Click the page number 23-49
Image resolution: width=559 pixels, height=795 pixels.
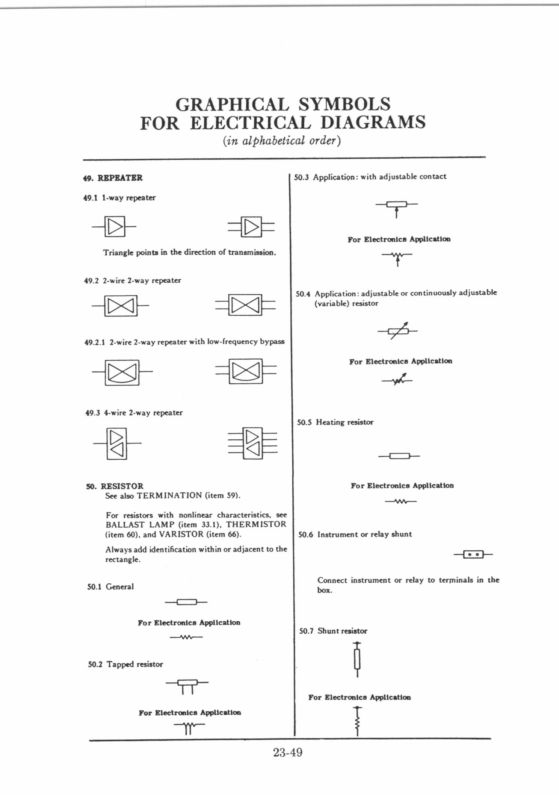point(288,753)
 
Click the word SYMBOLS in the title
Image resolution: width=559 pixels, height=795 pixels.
point(344,104)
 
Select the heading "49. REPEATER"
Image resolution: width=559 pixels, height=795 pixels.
point(113,178)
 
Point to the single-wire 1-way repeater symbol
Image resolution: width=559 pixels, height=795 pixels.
point(114,227)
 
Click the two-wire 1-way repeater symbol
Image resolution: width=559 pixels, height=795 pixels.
point(251,227)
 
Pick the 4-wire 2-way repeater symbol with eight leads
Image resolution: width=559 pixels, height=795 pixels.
point(252,443)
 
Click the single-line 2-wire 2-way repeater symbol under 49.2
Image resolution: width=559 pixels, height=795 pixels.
point(120,306)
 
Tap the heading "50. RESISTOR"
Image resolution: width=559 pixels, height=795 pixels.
point(115,486)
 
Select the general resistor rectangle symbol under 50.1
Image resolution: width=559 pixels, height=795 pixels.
point(186,602)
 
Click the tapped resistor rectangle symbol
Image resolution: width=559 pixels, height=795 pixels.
point(187,685)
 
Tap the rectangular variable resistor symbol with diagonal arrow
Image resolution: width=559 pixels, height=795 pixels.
point(398,331)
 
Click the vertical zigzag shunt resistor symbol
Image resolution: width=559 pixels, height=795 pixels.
point(357,721)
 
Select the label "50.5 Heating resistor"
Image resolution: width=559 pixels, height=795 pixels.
point(335,422)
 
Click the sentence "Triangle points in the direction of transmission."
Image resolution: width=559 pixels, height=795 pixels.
point(190,253)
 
